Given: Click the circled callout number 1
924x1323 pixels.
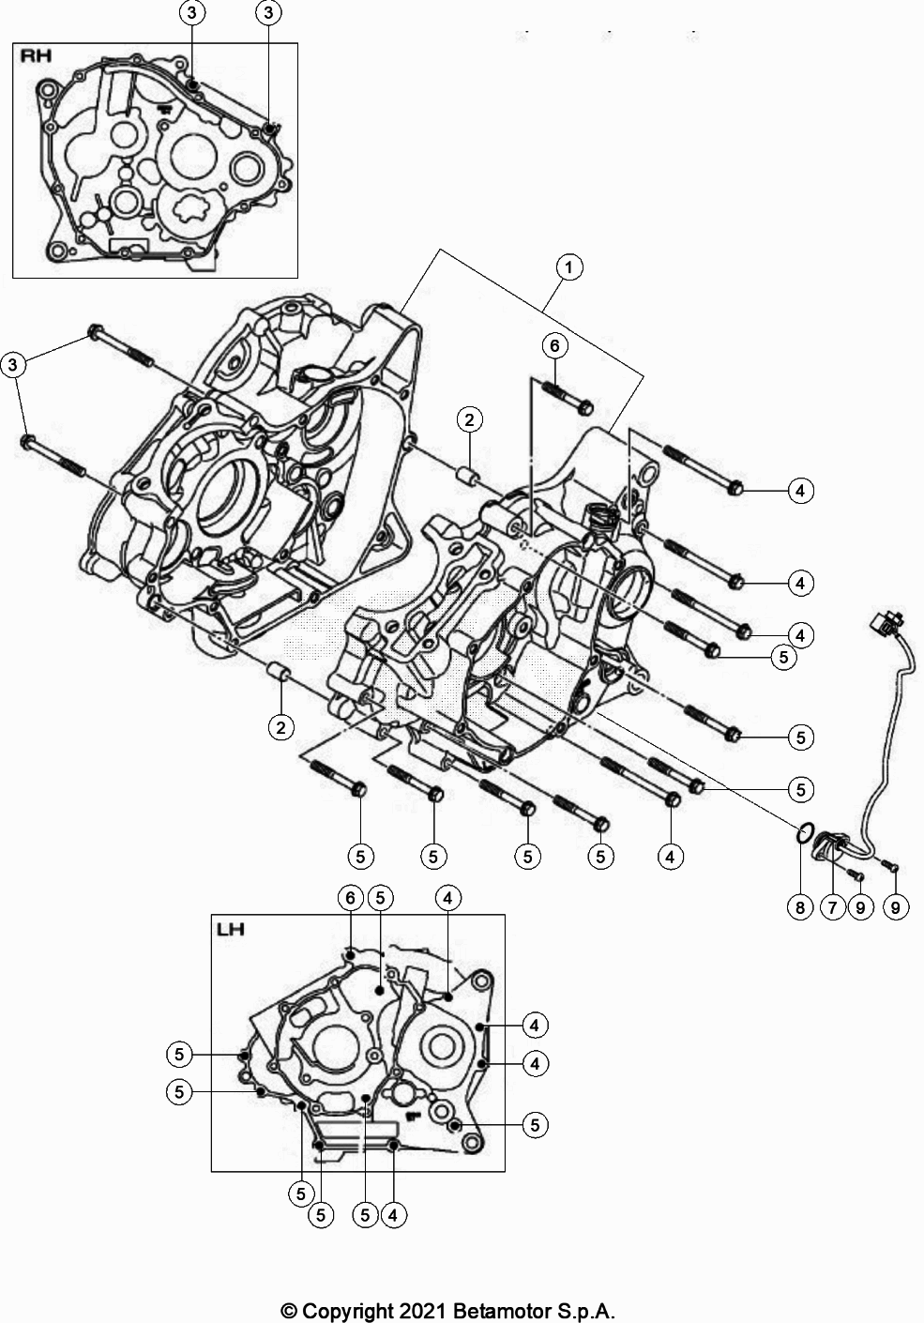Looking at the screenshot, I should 568,267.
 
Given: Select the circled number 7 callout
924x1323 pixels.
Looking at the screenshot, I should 831,907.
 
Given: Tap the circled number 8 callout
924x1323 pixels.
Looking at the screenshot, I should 799,907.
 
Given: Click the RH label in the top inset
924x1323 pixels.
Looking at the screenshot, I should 37,56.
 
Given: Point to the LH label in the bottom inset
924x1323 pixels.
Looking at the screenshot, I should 231,930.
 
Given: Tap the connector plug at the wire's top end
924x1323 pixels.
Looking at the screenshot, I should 886,621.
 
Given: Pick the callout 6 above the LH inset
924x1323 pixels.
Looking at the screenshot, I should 350,898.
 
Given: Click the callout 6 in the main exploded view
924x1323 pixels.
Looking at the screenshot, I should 554,345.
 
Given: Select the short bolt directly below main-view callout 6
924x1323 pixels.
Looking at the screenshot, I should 568,394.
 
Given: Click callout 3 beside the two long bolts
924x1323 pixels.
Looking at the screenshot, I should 13,365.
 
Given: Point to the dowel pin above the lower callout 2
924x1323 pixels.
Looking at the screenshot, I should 277,673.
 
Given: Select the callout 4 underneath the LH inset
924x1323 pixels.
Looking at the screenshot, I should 394,1215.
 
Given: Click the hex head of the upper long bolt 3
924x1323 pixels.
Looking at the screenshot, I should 95,331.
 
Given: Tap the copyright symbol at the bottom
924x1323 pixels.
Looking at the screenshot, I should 290,1310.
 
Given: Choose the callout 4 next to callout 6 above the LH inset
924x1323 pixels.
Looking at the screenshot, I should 447,898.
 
